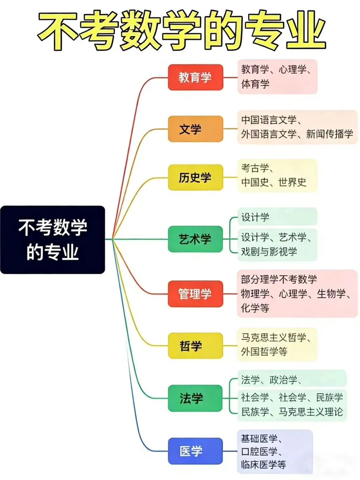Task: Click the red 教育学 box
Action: tap(195, 77)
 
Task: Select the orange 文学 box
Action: tap(195, 129)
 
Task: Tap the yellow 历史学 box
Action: tap(195, 177)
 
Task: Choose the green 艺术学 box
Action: tap(195, 239)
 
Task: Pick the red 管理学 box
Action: tap(195, 294)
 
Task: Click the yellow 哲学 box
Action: tap(195, 346)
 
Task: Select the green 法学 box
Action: tap(195, 398)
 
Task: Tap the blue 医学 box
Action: tap(195, 451)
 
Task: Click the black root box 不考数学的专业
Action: tap(53, 240)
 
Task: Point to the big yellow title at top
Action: tap(182, 31)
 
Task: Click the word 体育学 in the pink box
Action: tap(255, 84)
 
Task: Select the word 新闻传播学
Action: tap(329, 134)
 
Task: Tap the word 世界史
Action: tap(292, 182)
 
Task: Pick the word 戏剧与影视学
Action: tap(269, 251)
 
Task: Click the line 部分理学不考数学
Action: tap(279, 279)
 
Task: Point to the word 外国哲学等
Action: tap(264, 351)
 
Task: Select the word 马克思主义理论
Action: tap(311, 412)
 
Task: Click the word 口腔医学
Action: tap(259, 451)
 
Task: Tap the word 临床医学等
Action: tap(263, 464)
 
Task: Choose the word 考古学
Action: tap(255, 168)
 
